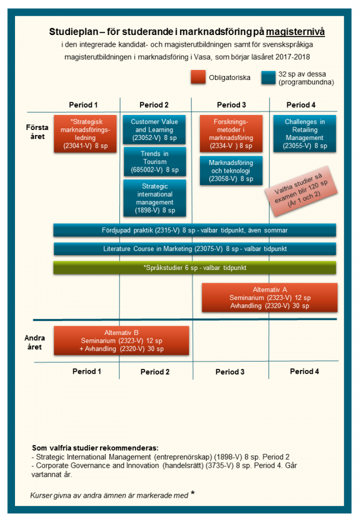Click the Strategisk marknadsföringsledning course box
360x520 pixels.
pos(86,133)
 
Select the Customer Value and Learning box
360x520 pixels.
pos(155,129)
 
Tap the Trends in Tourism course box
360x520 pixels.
pos(155,162)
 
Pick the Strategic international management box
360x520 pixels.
pos(155,198)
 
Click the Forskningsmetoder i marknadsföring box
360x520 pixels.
pos(231,133)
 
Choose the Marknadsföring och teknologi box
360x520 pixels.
pos(231,171)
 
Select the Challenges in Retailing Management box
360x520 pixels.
pos(305,133)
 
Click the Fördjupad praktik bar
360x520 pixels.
pos(194,230)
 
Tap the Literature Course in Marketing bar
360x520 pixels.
pos(194,248)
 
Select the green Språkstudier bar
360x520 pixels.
pos(194,267)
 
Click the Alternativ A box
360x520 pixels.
pos(269,298)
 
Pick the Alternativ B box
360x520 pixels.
pos(122,341)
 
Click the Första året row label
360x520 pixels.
pos(37,132)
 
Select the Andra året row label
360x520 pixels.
pos(34,342)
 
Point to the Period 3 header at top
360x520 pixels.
pos(231,105)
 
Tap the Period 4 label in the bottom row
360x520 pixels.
pos(305,371)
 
